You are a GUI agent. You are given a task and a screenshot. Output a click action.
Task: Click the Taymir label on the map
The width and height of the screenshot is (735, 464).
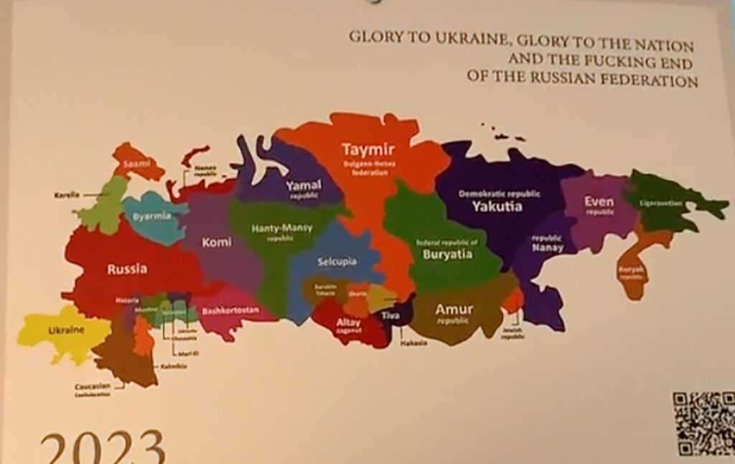pyautogui.click(x=368, y=149)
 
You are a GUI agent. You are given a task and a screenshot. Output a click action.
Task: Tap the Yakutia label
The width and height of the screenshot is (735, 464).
pyautogui.click(x=497, y=207)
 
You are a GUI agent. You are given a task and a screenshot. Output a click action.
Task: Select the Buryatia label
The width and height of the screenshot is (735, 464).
pyautogui.click(x=446, y=254)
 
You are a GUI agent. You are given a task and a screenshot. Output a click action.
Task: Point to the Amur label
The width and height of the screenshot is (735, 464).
pyautogui.click(x=454, y=310)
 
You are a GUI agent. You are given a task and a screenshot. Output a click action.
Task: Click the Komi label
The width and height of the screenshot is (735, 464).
pyautogui.click(x=216, y=242)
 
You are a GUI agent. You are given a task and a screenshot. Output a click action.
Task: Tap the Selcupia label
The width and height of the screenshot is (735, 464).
pyautogui.click(x=337, y=262)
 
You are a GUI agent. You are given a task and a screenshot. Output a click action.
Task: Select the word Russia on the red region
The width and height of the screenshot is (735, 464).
pyautogui.click(x=127, y=270)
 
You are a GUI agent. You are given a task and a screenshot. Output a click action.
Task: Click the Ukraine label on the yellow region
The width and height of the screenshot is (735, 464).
pyautogui.click(x=66, y=330)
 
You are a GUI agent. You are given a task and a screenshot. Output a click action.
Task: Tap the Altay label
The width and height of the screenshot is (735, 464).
pyautogui.click(x=349, y=323)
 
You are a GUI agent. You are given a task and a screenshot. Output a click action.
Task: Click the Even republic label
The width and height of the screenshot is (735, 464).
pyautogui.click(x=599, y=202)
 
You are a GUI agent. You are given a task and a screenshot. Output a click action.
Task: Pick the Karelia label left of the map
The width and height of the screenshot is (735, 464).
pyautogui.click(x=67, y=194)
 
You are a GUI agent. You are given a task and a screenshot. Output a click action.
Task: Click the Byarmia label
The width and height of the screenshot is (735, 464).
pyautogui.click(x=151, y=215)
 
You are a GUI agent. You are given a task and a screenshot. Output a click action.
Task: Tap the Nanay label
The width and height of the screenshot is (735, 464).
pyautogui.click(x=548, y=248)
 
